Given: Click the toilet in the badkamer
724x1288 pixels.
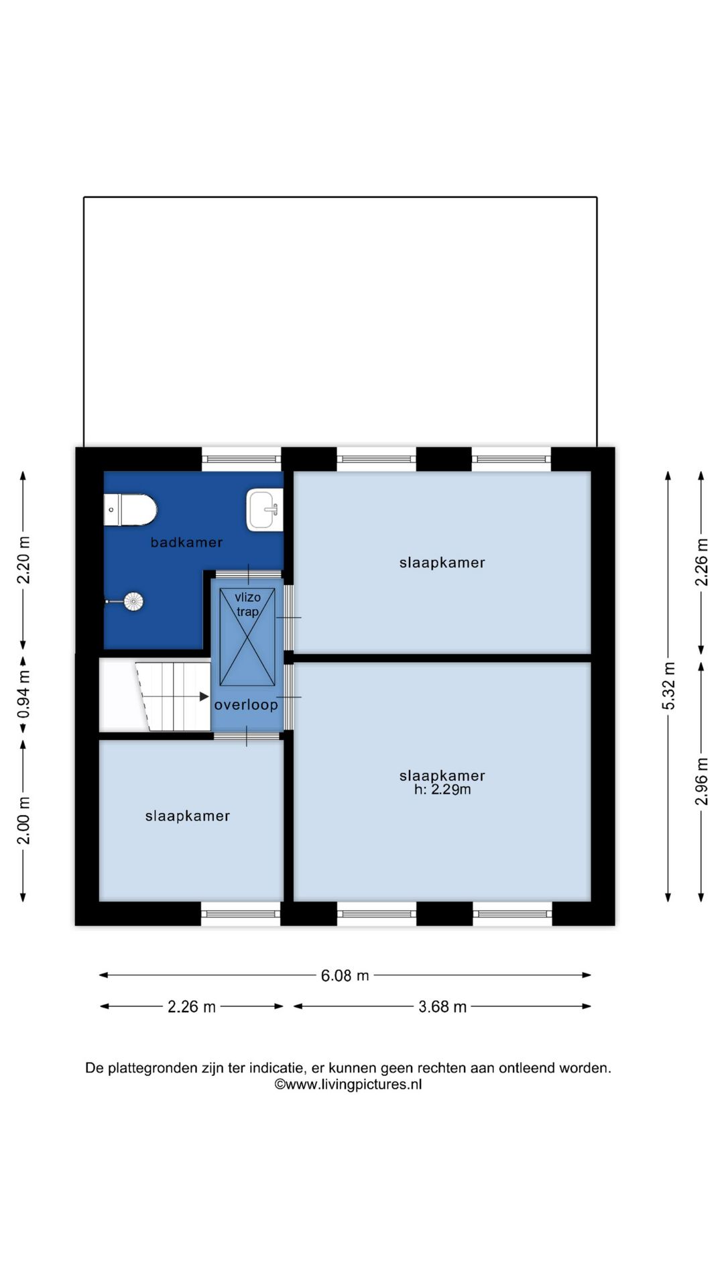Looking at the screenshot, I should pyautogui.click(x=130, y=510).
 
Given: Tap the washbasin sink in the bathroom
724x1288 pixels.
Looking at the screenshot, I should pyautogui.click(x=264, y=509).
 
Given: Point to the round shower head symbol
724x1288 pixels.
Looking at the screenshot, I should pyautogui.click(x=133, y=602).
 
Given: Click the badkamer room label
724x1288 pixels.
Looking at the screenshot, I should pyautogui.click(x=186, y=542).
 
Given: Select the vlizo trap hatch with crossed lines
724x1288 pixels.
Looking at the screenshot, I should pyautogui.click(x=247, y=637).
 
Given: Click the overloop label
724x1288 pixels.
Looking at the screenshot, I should pyautogui.click(x=246, y=704).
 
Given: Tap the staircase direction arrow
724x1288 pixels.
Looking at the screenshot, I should pyautogui.click(x=203, y=696).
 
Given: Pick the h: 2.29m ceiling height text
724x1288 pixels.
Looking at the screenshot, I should pyautogui.click(x=442, y=790).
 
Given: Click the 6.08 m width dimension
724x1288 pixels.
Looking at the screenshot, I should pyautogui.click(x=345, y=975).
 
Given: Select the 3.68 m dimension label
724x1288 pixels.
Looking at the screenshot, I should pyautogui.click(x=442, y=1006).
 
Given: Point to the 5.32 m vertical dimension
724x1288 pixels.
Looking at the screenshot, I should pyautogui.click(x=668, y=686).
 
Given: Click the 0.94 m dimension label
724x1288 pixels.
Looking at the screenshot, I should pyautogui.click(x=23, y=694).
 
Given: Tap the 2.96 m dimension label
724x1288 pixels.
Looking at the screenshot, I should pyautogui.click(x=701, y=781).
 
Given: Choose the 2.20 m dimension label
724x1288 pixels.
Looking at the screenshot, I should pyautogui.click(x=23, y=560).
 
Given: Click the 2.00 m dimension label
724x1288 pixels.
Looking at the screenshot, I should pyautogui.click(x=23, y=820).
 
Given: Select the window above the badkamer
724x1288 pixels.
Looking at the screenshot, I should pyautogui.click(x=241, y=459).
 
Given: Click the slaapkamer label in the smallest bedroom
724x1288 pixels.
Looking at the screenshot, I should pyautogui.click(x=188, y=816).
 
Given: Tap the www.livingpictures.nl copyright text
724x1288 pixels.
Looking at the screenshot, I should pyautogui.click(x=348, y=1084).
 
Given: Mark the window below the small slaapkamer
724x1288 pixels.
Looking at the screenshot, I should pyautogui.click(x=241, y=913).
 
